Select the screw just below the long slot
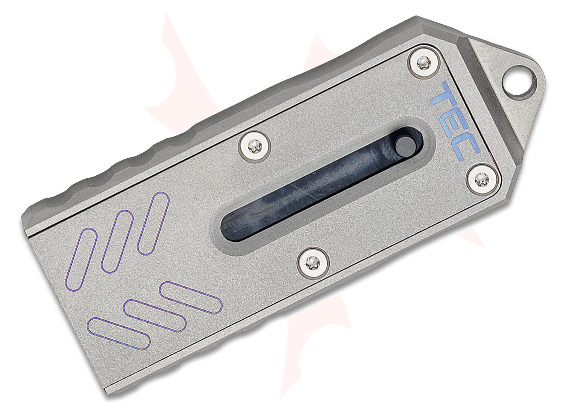(311, 260)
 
